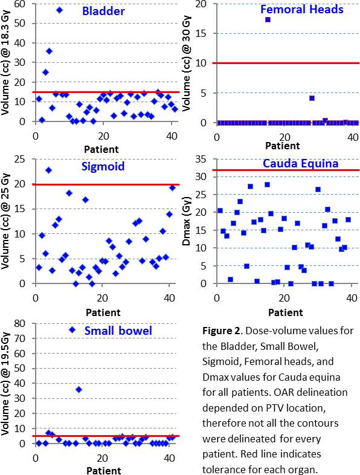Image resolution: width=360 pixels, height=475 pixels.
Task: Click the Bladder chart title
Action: tap(103, 11)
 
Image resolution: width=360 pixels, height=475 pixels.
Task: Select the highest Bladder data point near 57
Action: tap(59, 10)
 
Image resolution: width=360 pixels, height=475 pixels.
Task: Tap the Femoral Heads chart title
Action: tap(302, 10)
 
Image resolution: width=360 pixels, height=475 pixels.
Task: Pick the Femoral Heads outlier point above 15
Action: tap(268, 20)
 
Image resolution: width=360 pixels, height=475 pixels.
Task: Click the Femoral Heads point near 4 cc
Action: tap(312, 98)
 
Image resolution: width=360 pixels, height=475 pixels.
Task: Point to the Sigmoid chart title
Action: tap(103, 166)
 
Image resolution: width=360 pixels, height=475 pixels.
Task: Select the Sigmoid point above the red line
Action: tap(48, 170)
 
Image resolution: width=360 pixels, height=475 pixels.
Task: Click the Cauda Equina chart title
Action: tap(300, 164)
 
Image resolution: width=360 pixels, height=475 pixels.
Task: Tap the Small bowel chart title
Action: tap(118, 331)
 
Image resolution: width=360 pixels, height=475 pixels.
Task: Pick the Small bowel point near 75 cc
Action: tap(72, 329)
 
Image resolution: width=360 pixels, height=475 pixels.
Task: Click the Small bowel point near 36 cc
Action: tap(79, 390)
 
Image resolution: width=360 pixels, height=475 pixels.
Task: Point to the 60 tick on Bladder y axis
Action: tap(20, 4)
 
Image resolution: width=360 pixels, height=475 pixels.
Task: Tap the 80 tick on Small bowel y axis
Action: tap(20, 323)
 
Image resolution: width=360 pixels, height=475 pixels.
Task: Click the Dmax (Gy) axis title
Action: tap(186, 221)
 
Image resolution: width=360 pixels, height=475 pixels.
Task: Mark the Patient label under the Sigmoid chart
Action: tap(103, 312)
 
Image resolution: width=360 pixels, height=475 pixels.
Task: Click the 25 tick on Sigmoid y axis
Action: tap(20, 159)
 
